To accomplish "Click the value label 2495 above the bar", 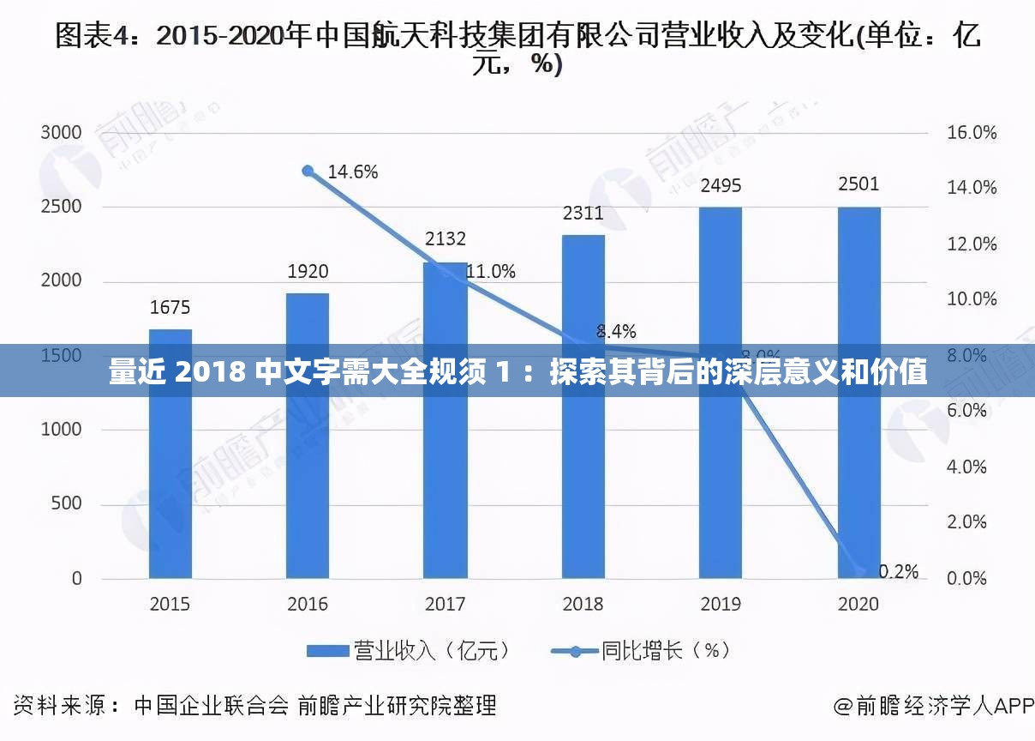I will [x=721, y=186].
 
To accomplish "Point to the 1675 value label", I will [x=170, y=307].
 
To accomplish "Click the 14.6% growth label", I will [x=352, y=172].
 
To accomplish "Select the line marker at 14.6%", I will [x=308, y=171].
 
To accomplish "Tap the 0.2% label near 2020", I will [x=898, y=571].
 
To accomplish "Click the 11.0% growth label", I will [x=490, y=272].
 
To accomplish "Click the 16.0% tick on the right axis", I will [x=972, y=133].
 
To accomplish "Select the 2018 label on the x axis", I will [x=583, y=604].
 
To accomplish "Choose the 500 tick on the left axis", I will [x=66, y=503].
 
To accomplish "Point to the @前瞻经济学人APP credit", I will [x=934, y=706].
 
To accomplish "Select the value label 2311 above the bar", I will [x=583, y=214].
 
